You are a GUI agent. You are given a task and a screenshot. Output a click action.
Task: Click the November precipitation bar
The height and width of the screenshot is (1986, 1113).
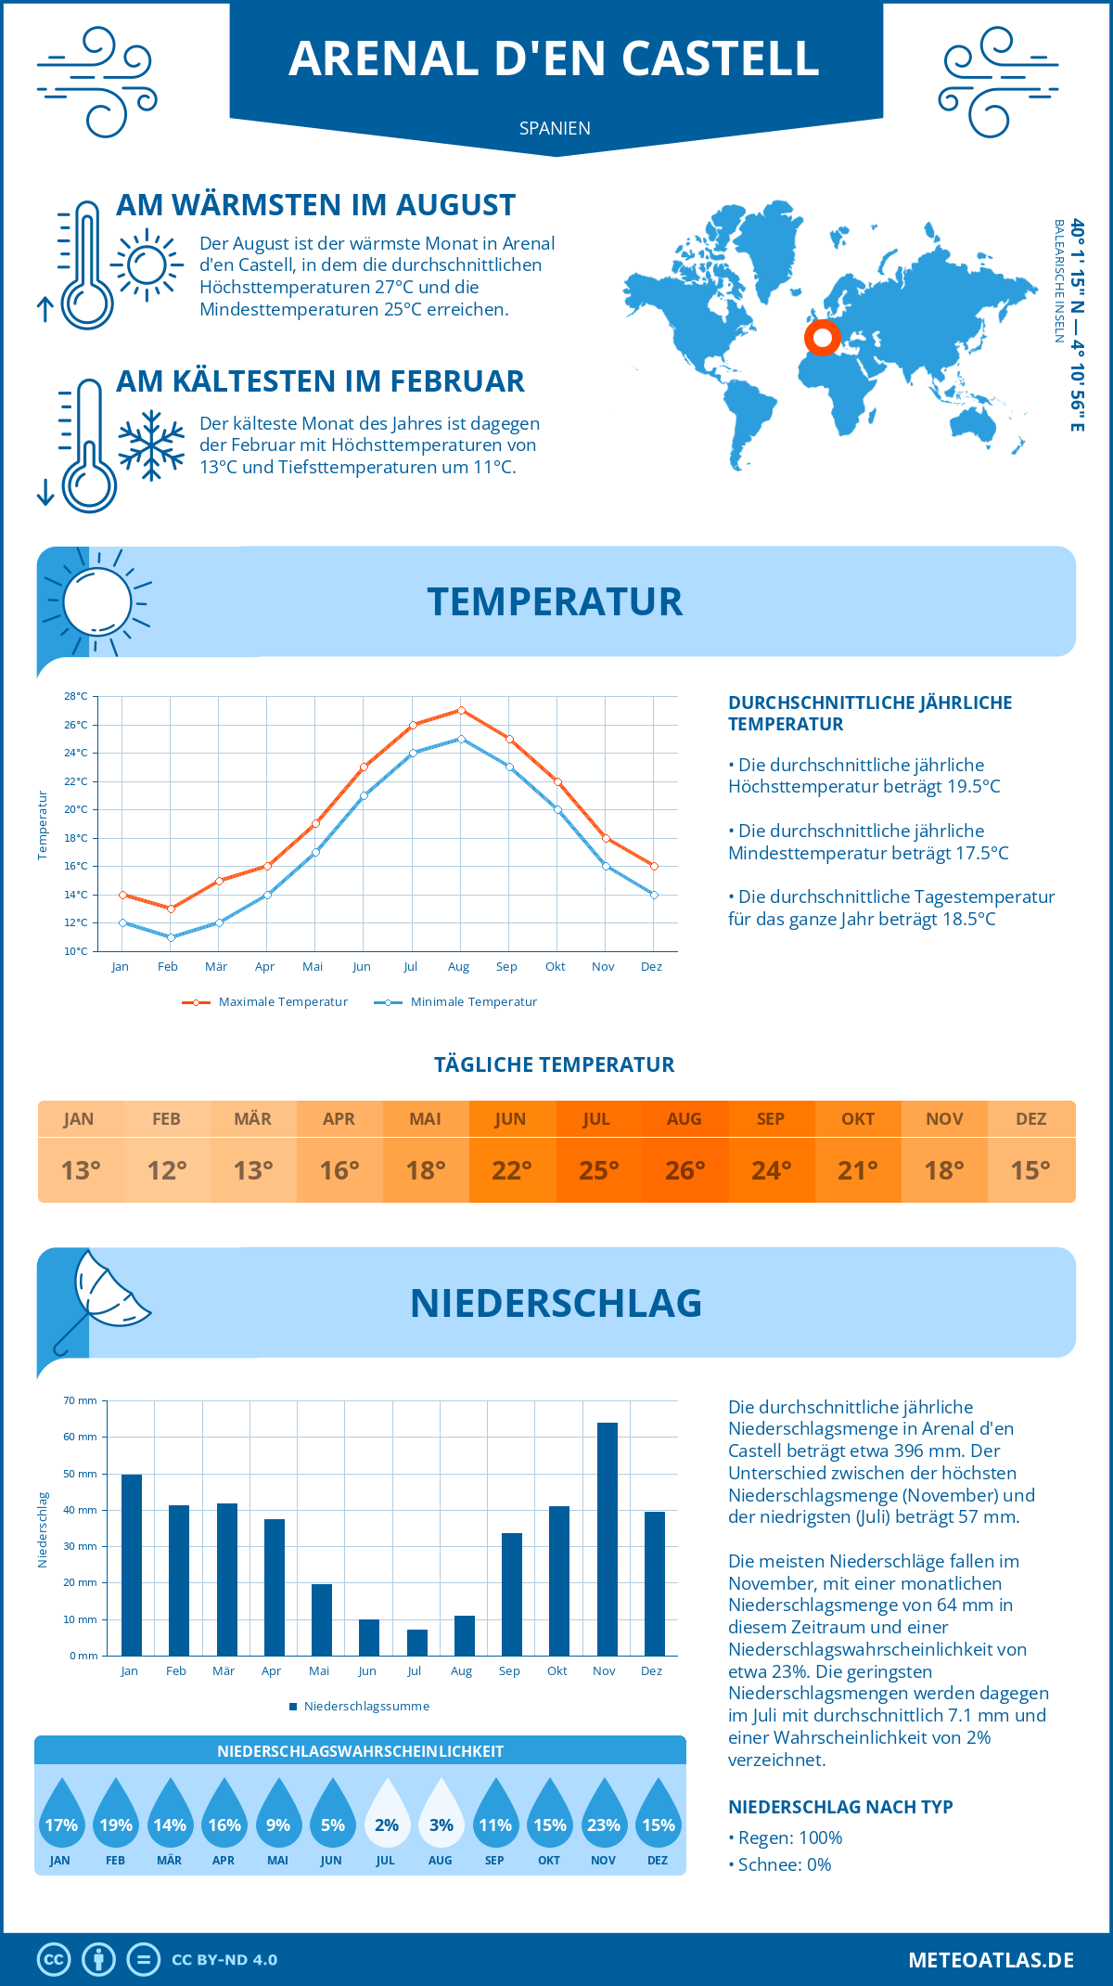pos(607,1539)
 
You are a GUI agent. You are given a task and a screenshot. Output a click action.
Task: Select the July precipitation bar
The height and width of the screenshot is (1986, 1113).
pos(417,1643)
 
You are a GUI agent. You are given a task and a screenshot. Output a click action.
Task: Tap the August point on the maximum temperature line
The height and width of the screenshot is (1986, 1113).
pos(461,711)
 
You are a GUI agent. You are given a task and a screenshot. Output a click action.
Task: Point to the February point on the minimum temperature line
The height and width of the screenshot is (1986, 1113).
pos(171,937)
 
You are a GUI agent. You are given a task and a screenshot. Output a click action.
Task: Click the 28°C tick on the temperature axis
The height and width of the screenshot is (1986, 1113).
pos(76,696)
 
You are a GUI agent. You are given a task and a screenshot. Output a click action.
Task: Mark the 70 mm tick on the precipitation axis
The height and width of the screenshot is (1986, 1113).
pos(81,1400)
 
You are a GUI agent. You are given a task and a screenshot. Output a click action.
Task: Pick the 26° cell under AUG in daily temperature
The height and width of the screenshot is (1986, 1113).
pos(684,1170)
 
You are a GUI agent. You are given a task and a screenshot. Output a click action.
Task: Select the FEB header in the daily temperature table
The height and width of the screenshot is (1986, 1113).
pos(166,1119)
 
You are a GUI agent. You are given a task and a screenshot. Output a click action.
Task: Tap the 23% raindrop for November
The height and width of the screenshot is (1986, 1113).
pos(604,1815)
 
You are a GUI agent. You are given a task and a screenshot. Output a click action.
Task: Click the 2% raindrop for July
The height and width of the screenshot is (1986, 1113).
pos(387,1815)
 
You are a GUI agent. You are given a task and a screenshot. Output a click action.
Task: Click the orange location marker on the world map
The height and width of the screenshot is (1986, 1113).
pos(822,337)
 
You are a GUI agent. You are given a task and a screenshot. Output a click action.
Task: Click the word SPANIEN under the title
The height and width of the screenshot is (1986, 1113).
pos(555,128)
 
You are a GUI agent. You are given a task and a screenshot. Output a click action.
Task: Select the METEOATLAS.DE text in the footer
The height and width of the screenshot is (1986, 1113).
pos(991,1960)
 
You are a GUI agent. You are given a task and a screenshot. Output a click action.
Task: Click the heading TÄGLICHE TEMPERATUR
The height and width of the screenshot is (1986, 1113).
pos(555,1064)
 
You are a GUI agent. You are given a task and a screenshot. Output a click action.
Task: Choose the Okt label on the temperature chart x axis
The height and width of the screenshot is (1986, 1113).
pos(555,967)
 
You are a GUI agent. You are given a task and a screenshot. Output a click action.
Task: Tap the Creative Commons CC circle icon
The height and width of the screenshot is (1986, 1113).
pos(54,1960)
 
